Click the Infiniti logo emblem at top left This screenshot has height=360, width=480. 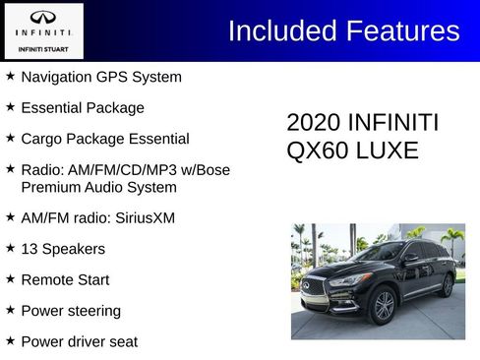click(43, 18)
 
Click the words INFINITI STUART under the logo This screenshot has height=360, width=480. click(43, 45)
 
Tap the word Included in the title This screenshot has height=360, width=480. click(281, 30)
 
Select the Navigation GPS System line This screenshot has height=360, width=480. click(100, 77)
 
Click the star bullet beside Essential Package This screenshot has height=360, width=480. click(10, 107)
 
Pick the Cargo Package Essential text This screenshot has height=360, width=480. click(104, 139)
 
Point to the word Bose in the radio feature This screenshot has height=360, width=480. click(212, 170)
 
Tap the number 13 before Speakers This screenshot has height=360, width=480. click(30, 249)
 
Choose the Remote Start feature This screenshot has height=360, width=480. click(65, 279)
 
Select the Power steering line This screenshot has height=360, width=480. click(71, 311)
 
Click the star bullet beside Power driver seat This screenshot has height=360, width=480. click(10, 341)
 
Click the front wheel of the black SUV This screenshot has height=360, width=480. click(383, 307)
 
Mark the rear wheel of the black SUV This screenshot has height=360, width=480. click(447, 285)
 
